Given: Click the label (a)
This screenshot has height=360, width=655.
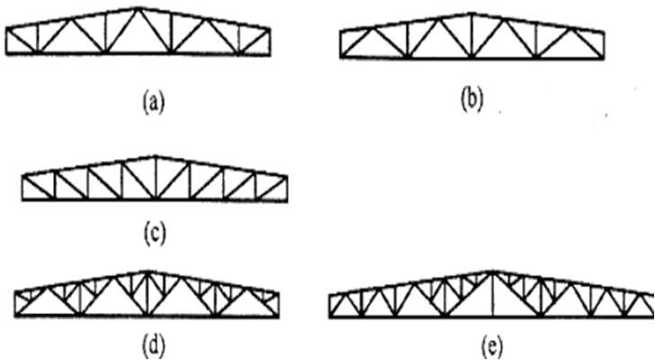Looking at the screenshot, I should [x=154, y=103].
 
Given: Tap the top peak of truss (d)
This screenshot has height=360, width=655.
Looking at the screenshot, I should [x=147, y=271].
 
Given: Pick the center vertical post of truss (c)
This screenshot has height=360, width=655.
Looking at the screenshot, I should [x=155, y=179].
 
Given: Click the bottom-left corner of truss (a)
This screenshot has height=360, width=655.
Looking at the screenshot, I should [x=7, y=54].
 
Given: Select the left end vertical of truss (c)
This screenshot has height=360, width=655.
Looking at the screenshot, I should [x=22, y=189].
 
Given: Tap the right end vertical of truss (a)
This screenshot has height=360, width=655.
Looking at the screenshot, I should [x=268, y=40].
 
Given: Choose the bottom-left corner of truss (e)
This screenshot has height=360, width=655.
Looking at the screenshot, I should [x=329, y=318].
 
